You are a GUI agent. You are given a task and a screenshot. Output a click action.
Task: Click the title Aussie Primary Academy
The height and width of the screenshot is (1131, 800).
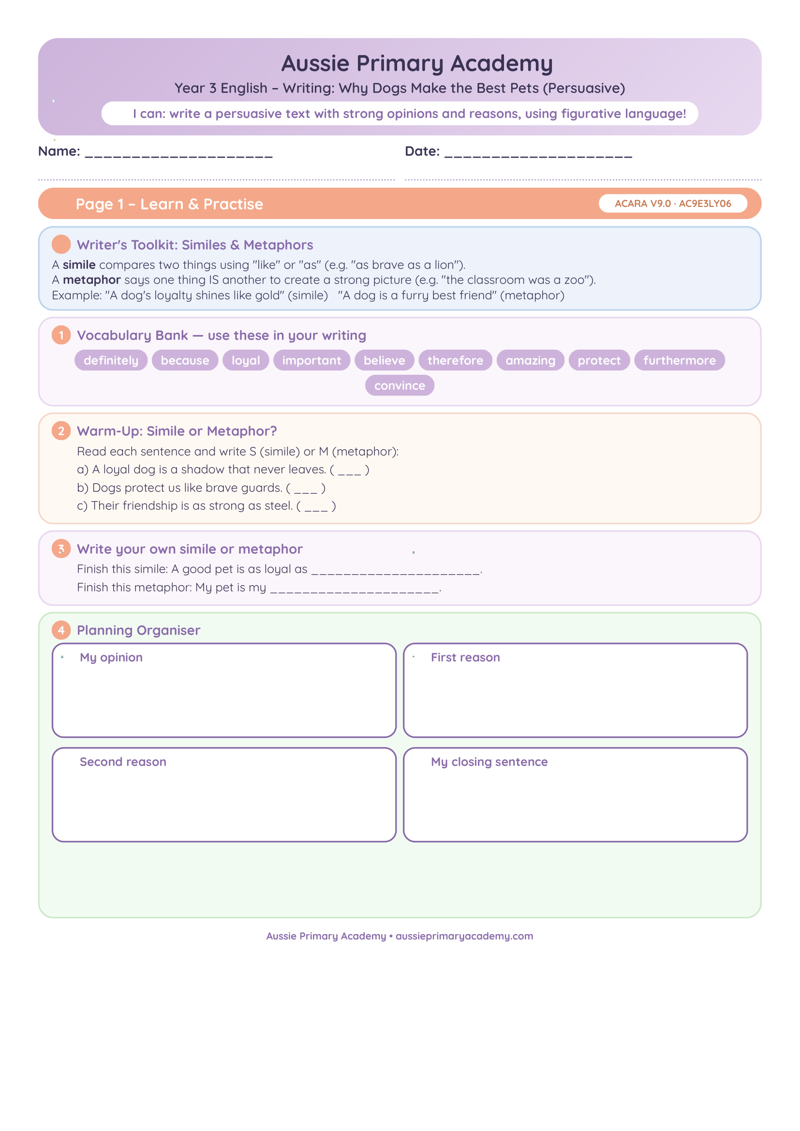pyautogui.click(x=417, y=64)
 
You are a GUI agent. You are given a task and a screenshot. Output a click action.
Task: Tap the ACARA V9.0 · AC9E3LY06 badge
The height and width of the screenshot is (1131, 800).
pyautogui.click(x=672, y=204)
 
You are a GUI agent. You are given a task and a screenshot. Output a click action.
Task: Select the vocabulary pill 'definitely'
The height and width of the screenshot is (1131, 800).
pyautogui.click(x=111, y=360)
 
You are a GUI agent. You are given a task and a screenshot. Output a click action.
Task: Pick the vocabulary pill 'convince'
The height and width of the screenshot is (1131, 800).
pyautogui.click(x=400, y=385)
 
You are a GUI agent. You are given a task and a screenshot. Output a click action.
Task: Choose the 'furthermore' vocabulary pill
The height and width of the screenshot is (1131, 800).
pyautogui.click(x=679, y=360)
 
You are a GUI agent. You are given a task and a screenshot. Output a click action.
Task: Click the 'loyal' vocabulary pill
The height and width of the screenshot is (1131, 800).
pyautogui.click(x=246, y=360)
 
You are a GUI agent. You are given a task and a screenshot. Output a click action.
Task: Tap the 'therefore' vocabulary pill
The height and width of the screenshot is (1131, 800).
pyautogui.click(x=455, y=360)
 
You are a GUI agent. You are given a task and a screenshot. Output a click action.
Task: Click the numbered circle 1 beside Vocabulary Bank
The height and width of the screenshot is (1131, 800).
pyautogui.click(x=61, y=335)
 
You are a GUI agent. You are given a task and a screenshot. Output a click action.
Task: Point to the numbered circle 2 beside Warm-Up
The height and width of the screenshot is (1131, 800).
pyautogui.click(x=61, y=430)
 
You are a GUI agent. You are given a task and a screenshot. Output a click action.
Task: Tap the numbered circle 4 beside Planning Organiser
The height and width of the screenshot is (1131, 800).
pyautogui.click(x=61, y=630)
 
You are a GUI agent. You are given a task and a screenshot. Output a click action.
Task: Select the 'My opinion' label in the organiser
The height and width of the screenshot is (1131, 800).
pyautogui.click(x=111, y=658)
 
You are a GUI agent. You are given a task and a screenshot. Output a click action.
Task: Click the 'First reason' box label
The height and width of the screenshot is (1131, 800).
pyautogui.click(x=465, y=657)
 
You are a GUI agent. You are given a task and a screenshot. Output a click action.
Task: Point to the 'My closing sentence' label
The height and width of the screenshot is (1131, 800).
pyautogui.click(x=489, y=762)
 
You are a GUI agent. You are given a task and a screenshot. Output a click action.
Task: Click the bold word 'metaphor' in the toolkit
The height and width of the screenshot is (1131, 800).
pyautogui.click(x=91, y=280)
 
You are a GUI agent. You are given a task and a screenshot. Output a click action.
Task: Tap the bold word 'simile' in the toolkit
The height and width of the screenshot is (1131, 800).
pyautogui.click(x=79, y=264)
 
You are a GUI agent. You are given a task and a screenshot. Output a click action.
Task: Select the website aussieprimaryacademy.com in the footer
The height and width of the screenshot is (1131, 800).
pyautogui.click(x=464, y=936)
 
